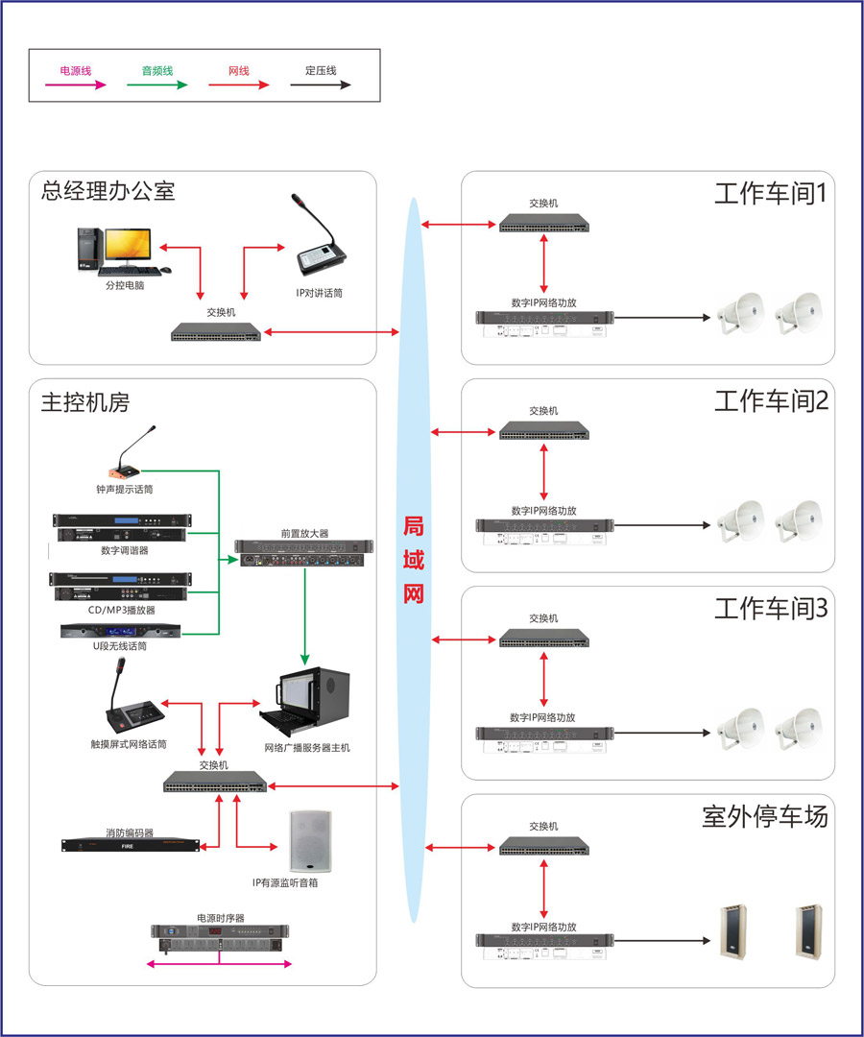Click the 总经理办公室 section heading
point(108,190)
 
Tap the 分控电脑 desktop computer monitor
point(128,246)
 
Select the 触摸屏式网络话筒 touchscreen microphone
point(134,707)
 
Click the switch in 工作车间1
point(543,225)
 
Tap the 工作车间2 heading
point(770,400)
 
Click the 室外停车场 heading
point(764,817)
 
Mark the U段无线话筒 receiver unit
point(119,632)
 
